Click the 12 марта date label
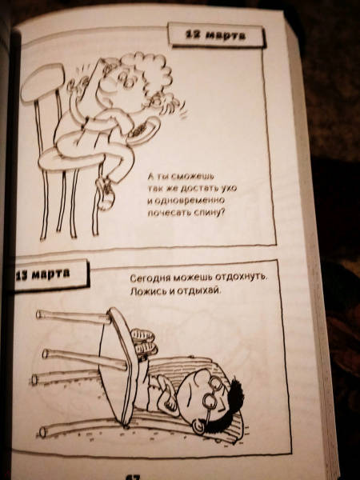[x=216, y=35]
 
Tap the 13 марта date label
[x=50, y=274]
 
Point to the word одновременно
[x=186, y=200]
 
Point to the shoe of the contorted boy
[x=105, y=192]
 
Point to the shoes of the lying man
[x=143, y=342]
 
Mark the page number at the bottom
[x=132, y=477]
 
